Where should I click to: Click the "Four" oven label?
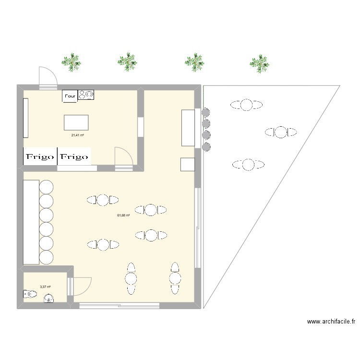70,96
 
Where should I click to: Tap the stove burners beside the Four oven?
87,96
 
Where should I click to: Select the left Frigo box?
40,156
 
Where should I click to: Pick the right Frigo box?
74,156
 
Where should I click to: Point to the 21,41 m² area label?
78,135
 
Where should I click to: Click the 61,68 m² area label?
124,215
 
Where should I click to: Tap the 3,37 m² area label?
46,287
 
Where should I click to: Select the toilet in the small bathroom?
29,294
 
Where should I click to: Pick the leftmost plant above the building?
71,62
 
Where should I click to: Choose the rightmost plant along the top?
260,62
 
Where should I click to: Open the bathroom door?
79,287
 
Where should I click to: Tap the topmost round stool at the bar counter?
47,187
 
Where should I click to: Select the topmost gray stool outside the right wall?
206,112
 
